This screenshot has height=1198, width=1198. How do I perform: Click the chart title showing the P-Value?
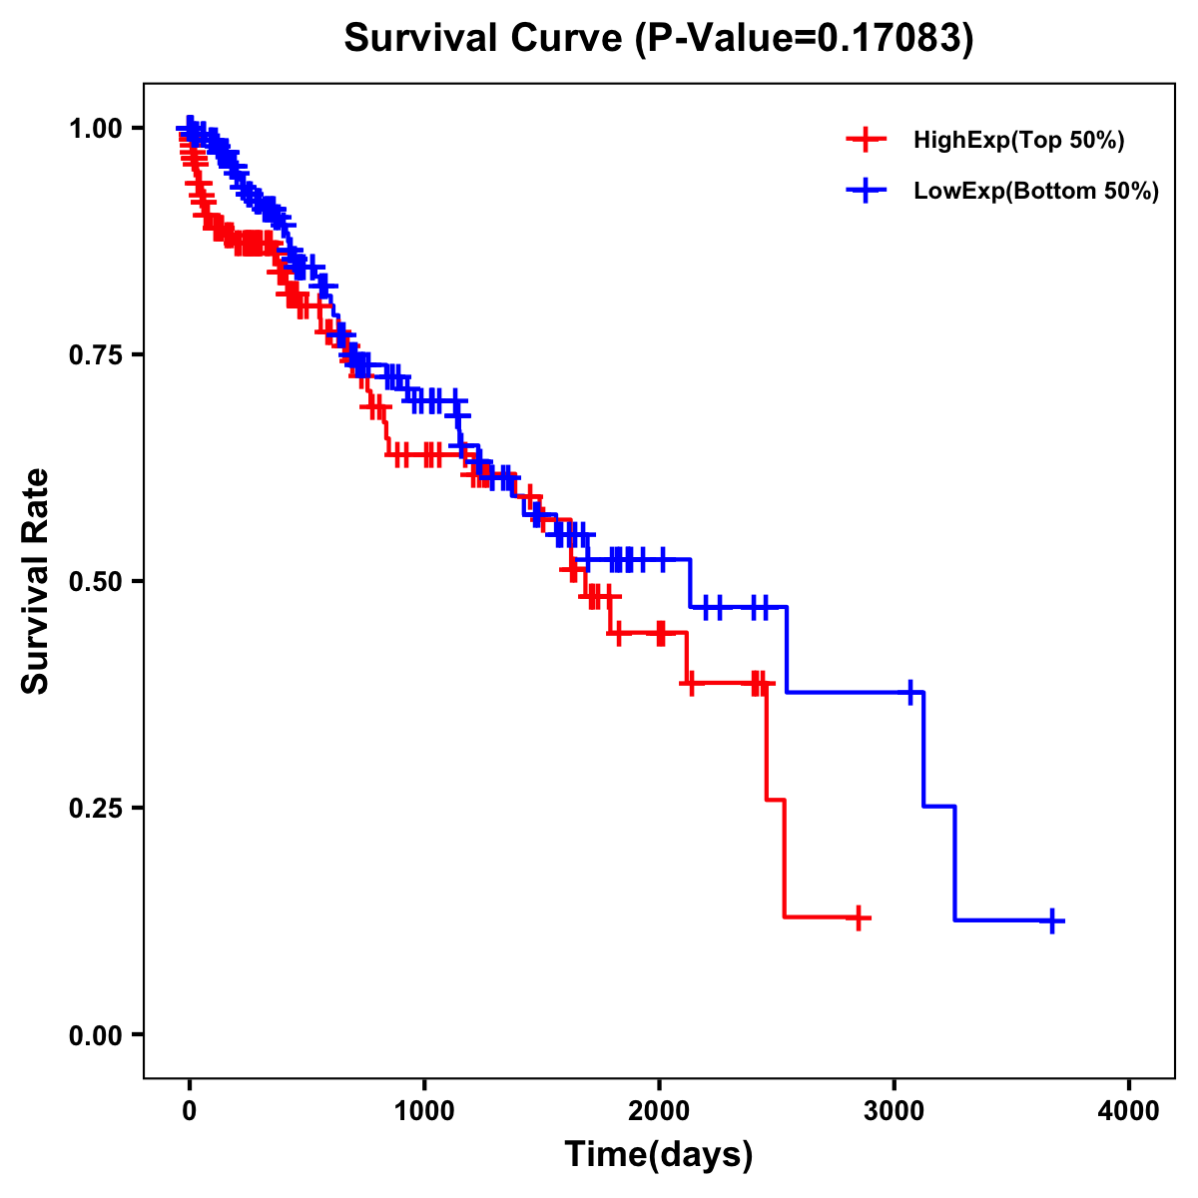click(658, 39)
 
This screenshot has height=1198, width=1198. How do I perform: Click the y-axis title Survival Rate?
click(36, 580)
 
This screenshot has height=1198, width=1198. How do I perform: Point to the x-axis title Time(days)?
click(658, 1154)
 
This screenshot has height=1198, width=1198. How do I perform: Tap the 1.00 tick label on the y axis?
click(96, 128)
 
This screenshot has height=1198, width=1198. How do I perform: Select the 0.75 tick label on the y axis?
click(96, 354)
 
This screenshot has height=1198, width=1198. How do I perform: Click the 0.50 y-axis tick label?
click(96, 581)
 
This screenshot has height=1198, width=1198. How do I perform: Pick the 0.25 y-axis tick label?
click(96, 808)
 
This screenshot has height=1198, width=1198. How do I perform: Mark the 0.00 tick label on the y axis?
click(96, 1034)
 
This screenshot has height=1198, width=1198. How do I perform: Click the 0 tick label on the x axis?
click(190, 1110)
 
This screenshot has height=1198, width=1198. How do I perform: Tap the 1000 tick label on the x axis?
click(424, 1110)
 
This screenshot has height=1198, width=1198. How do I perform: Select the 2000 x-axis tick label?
click(659, 1110)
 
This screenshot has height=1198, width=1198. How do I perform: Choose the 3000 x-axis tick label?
click(895, 1110)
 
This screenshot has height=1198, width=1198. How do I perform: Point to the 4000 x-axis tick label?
click(1129, 1110)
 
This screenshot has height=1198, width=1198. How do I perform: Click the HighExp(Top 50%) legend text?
click(1018, 141)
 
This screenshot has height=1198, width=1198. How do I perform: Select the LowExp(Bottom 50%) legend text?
click(1036, 192)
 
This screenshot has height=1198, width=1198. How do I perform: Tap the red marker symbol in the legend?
click(866, 140)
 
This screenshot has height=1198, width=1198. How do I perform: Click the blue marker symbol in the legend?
click(866, 191)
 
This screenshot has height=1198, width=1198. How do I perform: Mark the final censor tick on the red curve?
click(858, 917)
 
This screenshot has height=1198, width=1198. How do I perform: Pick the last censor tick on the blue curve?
click(1052, 920)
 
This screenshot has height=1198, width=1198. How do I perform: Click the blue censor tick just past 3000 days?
click(910, 692)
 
